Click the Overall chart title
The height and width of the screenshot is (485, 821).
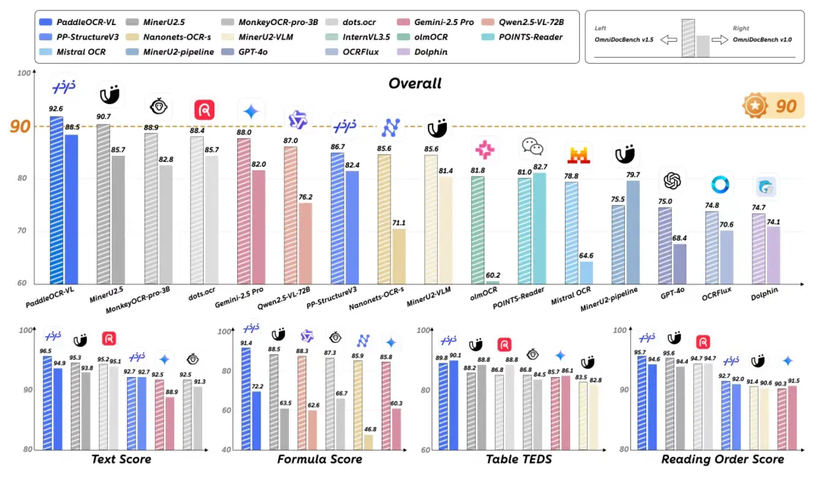click(x=415, y=83)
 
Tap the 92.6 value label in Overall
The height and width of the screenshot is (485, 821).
click(x=56, y=109)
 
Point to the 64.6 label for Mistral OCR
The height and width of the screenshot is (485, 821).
click(x=586, y=255)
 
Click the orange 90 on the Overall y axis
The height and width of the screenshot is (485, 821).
click(x=21, y=126)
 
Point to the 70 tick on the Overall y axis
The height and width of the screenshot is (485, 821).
click(x=24, y=231)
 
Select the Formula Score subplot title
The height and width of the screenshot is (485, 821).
click(x=319, y=459)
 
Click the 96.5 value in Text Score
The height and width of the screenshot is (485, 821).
click(x=46, y=350)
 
